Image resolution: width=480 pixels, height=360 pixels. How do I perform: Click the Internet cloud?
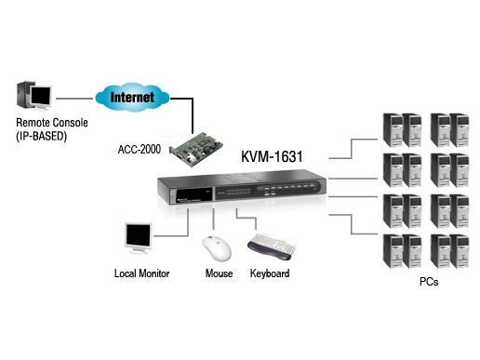coord(132,98)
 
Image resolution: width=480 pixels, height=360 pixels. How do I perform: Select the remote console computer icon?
coord(34,95)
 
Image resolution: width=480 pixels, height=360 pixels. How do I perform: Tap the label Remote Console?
coord(52,123)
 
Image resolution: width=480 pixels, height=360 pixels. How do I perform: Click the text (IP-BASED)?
coord(42,136)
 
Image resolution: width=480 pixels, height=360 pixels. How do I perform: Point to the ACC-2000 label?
coord(140,150)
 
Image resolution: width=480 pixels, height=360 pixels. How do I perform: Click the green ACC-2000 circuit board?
coord(196,149)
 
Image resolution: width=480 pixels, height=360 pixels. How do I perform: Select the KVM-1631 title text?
coord(272,156)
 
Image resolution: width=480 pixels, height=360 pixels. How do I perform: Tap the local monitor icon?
coord(138,238)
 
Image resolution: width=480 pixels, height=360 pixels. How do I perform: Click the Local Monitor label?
coord(141,273)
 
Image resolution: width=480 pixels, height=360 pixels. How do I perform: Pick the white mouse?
coord(217,248)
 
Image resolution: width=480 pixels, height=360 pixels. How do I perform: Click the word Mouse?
coord(219,273)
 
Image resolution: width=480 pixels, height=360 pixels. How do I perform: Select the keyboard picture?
coord(272,247)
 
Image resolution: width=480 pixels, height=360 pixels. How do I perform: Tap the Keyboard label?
coord(270,273)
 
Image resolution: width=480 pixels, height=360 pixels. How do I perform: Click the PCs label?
coord(429,282)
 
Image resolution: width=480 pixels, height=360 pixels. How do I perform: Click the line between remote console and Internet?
coord(74,99)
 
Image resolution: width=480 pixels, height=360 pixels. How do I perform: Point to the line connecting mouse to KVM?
coord(213,219)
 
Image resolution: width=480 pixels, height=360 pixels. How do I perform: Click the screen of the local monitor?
coord(139,235)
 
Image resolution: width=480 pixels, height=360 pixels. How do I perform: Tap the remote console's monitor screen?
coord(41,96)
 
